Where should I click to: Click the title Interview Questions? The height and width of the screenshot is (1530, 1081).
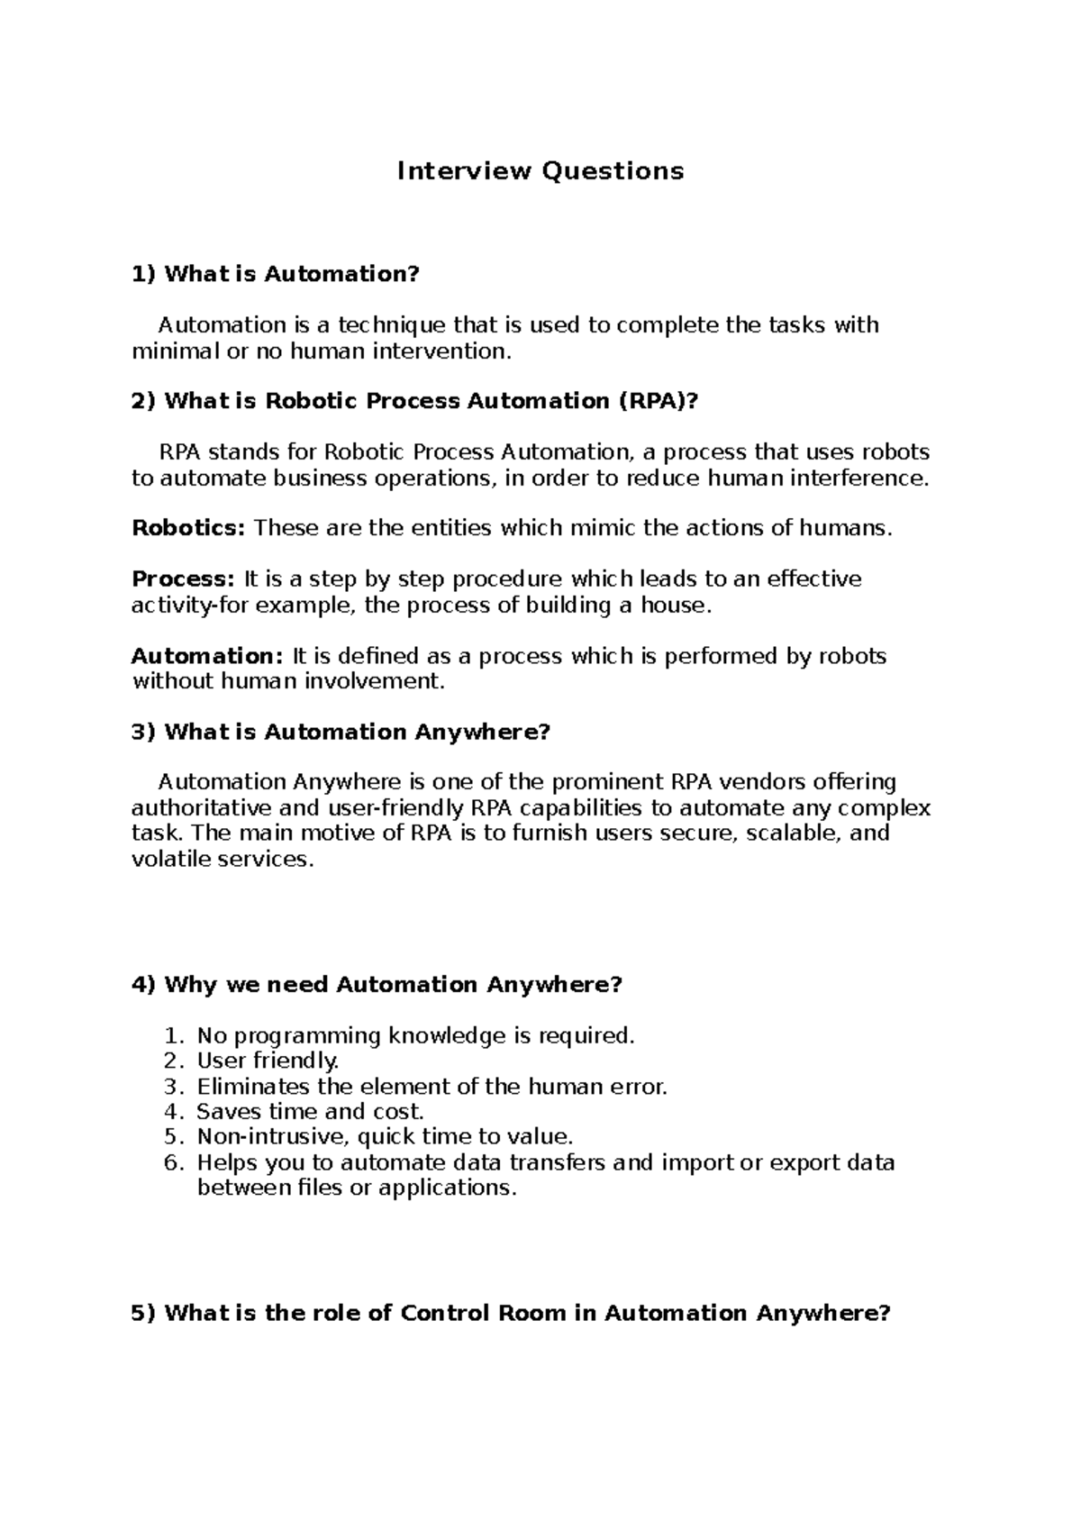(x=540, y=171)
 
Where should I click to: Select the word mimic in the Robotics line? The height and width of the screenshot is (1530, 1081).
(x=605, y=528)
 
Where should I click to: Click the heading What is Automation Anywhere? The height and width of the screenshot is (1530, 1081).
(x=341, y=732)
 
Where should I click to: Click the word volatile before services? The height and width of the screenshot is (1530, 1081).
(x=172, y=859)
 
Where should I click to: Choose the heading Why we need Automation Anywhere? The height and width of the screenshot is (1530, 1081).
(x=377, y=985)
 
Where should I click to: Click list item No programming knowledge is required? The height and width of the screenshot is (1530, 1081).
(x=415, y=1036)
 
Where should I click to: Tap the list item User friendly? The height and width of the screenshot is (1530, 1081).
(x=268, y=1061)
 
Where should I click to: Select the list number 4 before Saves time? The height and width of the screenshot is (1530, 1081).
(x=174, y=1112)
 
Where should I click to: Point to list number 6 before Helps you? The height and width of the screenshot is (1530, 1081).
(x=174, y=1162)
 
